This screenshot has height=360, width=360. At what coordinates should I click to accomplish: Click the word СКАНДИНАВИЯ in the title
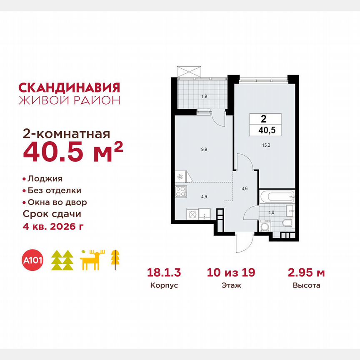click(x=69, y=87)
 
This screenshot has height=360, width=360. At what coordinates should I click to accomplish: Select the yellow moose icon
click(x=92, y=260)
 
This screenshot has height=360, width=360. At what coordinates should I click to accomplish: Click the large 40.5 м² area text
click(x=73, y=152)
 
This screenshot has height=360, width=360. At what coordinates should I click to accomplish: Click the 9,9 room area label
click(x=204, y=148)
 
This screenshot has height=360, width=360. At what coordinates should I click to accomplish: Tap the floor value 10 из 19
click(x=231, y=273)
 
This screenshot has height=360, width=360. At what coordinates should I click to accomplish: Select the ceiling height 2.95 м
click(x=306, y=273)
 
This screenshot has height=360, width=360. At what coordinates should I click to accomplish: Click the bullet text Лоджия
click(x=45, y=179)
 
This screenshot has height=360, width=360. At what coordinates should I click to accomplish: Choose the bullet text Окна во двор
click(x=57, y=202)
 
